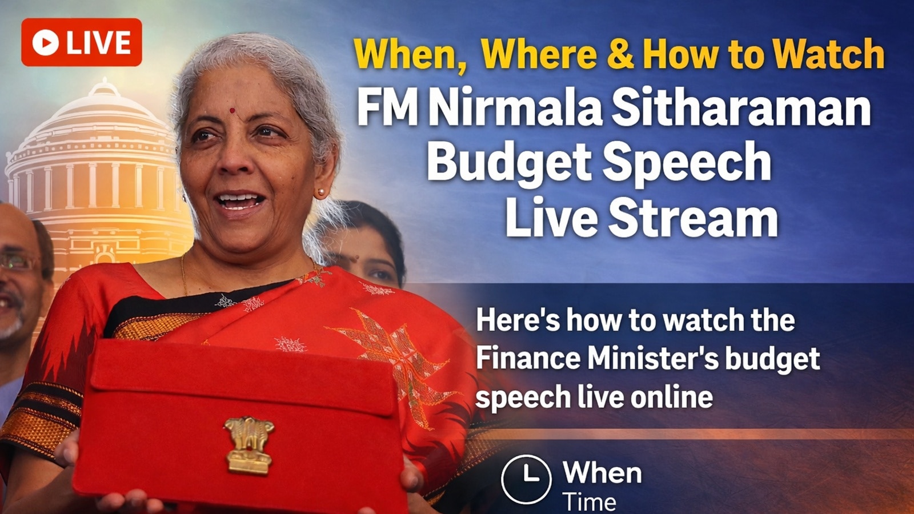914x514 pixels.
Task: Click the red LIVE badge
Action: pos(82,42)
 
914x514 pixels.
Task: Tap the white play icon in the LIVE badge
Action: pos(46,42)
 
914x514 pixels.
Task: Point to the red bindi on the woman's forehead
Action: pos(232,110)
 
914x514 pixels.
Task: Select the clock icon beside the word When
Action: pos(526,479)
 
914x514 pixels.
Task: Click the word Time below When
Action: pos(590,502)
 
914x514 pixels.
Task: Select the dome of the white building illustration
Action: pos(100,114)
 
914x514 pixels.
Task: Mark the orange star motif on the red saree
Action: pos(388,354)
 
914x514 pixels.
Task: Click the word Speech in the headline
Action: pos(687,162)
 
